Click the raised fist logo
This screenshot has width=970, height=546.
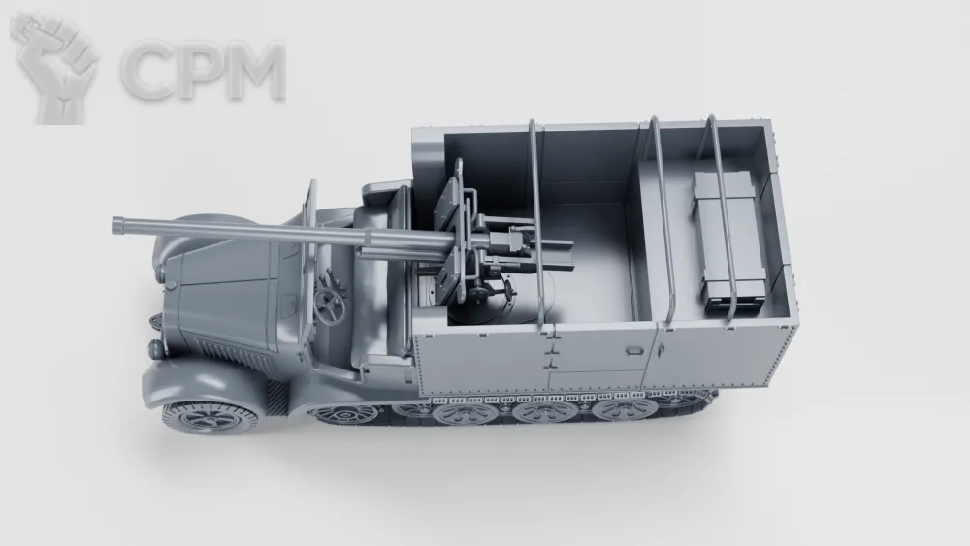tap(55, 68)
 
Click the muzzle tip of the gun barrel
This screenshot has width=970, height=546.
tap(115, 225)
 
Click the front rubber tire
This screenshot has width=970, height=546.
tap(210, 417)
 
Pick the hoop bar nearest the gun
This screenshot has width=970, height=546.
tap(535, 223)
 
